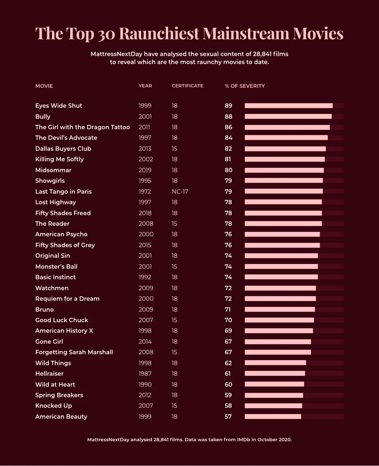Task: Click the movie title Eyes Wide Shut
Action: coord(59,106)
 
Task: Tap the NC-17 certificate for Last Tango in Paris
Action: coord(180,191)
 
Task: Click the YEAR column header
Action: coord(145,86)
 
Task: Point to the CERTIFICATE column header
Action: coord(187,86)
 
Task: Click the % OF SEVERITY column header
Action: coord(244,86)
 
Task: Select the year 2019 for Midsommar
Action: coord(145,170)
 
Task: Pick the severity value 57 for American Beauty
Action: coord(228,416)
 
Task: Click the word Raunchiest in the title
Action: coord(159,33)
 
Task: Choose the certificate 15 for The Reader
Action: coord(174,224)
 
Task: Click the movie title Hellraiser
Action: coord(49,374)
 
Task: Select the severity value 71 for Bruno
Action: coord(228,309)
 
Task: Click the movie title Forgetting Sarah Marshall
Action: coord(74,352)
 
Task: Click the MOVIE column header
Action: coord(44,86)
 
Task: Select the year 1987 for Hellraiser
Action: coord(145,374)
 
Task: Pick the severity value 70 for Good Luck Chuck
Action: coord(228,320)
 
